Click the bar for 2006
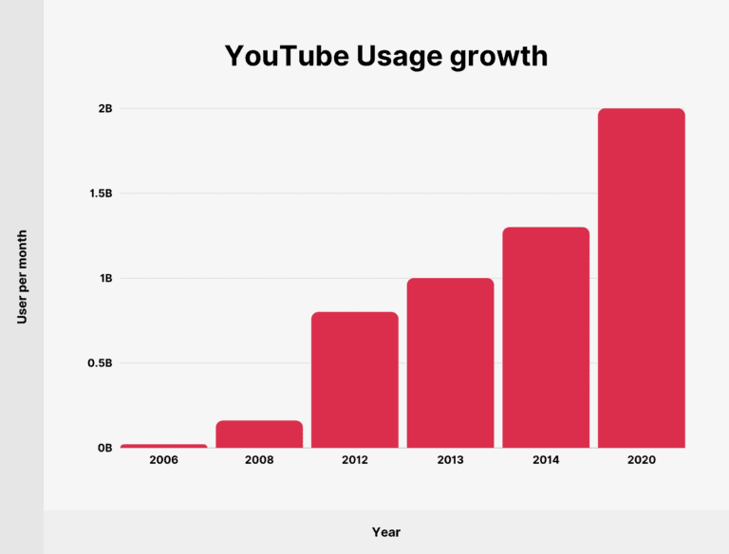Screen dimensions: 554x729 point(163,446)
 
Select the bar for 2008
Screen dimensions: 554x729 point(259,434)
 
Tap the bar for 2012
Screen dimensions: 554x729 point(355,379)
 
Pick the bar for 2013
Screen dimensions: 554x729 point(451,363)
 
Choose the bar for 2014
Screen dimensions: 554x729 point(546,338)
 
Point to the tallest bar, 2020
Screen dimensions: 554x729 point(642,278)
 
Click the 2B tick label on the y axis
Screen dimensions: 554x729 point(104,109)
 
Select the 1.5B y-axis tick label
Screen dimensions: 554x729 point(100,194)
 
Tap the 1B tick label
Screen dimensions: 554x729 point(104,279)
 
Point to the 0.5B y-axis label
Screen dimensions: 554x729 point(100,363)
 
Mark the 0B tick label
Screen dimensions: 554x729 point(104,448)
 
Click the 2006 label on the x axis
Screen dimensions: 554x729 point(163,460)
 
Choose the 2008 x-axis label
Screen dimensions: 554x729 point(259,460)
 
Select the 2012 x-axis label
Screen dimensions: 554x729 point(355,460)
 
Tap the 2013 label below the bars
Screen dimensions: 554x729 point(451,460)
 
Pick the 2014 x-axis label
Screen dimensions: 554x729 point(546,460)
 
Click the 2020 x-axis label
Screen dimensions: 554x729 point(642,460)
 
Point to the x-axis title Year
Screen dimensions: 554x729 point(385,532)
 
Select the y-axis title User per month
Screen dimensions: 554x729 point(22,277)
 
